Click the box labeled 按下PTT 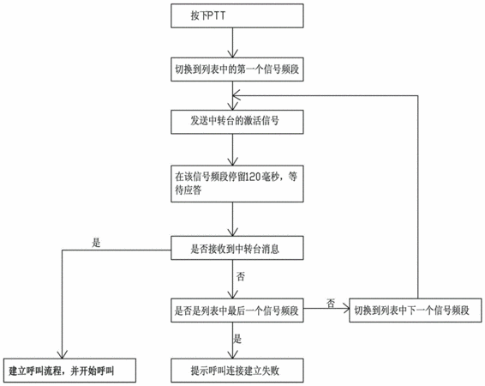point(237,15)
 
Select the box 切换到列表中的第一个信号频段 point(237,69)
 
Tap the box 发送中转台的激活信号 point(237,122)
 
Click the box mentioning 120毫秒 point(237,184)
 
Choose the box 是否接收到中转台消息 point(237,248)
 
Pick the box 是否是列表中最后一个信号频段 point(237,311)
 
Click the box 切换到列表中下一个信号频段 point(416,311)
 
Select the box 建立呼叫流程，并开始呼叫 point(69,371)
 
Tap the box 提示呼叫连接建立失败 point(237,371)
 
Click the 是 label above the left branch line point(96,243)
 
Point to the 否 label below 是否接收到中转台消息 point(241,276)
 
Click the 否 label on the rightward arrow point(331,304)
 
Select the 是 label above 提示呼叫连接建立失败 point(237,339)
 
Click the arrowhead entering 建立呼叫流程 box point(63,355)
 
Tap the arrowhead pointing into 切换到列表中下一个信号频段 point(345,308)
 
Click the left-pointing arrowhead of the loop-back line point(237,96)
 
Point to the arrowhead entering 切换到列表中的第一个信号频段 point(232,53)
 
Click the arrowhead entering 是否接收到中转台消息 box point(232,232)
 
